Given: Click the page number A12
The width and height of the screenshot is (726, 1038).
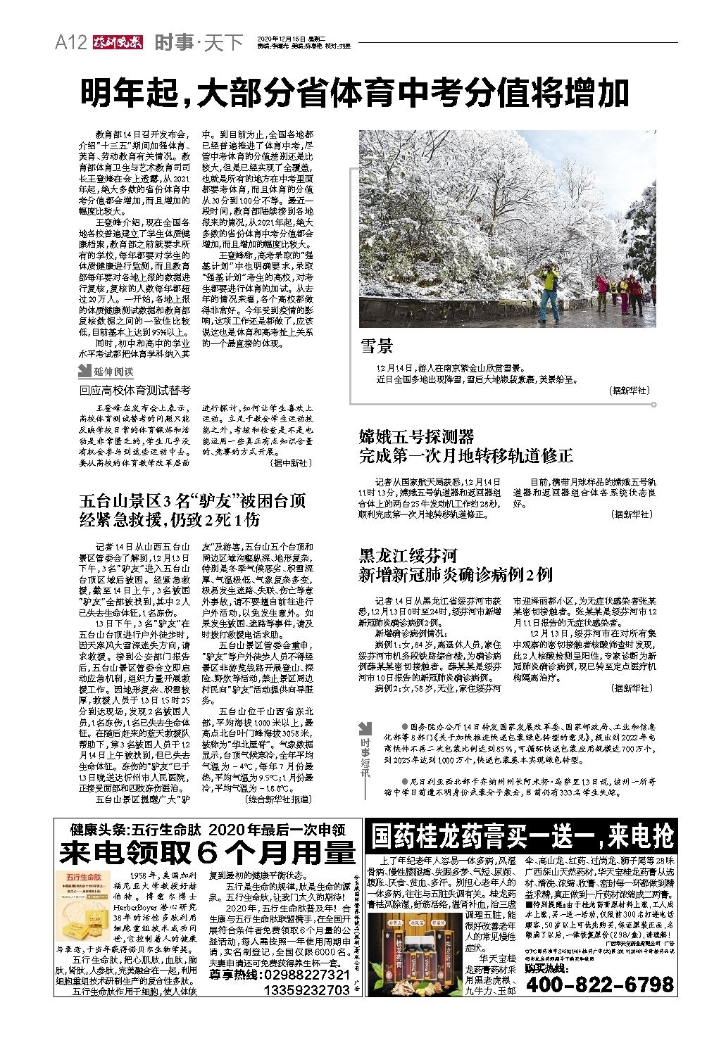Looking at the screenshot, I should click(x=70, y=44).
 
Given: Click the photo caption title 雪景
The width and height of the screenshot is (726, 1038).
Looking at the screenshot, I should click(x=377, y=346).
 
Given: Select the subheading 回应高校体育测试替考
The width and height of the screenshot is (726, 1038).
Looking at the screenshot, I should click(x=134, y=390).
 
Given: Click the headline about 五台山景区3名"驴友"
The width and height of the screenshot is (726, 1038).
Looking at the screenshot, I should click(x=192, y=510).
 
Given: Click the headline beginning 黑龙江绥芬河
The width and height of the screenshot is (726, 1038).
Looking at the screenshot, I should click(x=408, y=556).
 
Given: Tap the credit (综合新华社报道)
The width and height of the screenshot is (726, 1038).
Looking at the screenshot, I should click(x=276, y=800).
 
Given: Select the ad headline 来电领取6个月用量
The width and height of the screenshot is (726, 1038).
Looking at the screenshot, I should click(x=207, y=853).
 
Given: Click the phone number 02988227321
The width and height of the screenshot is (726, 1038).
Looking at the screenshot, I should click(x=305, y=975).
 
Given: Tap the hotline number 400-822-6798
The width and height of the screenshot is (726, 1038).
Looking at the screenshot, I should click(x=599, y=984).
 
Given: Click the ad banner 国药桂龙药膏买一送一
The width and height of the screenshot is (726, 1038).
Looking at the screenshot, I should click(x=522, y=836).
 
